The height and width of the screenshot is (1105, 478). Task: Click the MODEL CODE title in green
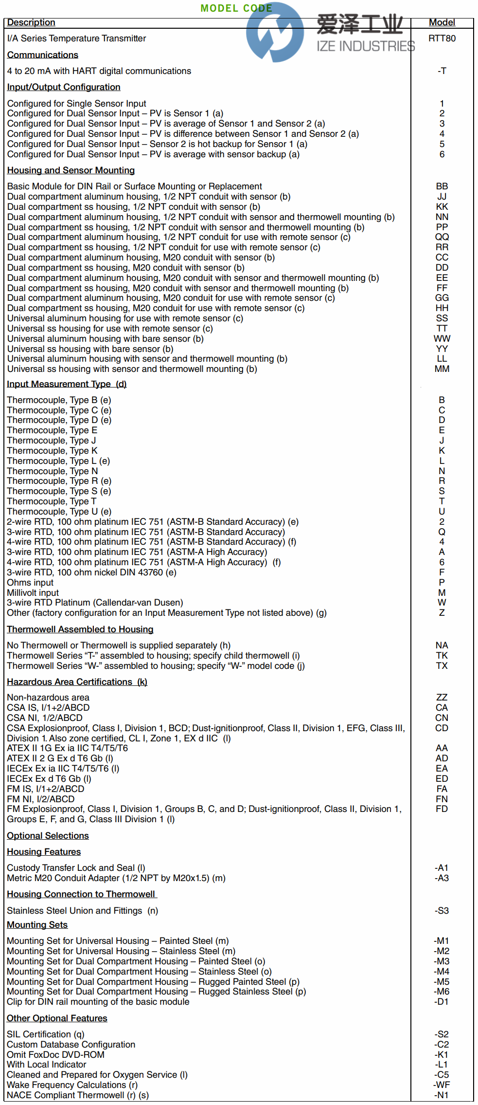coord(236,8)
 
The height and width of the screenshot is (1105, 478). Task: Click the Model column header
coord(442,22)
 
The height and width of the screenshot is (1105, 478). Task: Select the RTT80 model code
coord(442,38)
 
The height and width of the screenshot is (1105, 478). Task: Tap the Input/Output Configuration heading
coord(64,87)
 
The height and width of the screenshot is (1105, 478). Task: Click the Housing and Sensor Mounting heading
coord(71,170)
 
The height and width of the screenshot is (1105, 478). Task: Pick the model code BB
coord(442,186)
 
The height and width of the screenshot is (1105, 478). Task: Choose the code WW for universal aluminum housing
coord(442,339)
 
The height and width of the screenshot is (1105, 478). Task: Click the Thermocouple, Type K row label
coord(52,451)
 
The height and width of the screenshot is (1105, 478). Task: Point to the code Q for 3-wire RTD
coord(442,532)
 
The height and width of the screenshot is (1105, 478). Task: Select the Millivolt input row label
coord(33,593)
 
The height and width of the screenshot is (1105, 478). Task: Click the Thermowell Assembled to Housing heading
coord(80,629)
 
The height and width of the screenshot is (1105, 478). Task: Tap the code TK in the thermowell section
coord(442,656)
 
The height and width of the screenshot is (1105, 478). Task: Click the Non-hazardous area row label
coord(48,698)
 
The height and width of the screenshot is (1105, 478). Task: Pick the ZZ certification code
coord(442,698)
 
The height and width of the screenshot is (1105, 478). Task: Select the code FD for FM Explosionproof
coord(442,809)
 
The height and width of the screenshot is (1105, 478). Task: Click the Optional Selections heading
coord(48,836)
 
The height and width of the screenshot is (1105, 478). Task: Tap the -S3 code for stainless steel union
coord(442,911)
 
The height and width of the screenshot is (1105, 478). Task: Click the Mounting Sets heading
coord(37,925)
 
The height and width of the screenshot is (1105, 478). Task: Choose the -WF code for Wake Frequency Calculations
coord(442,1085)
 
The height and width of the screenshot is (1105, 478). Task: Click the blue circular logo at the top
coord(275,32)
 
